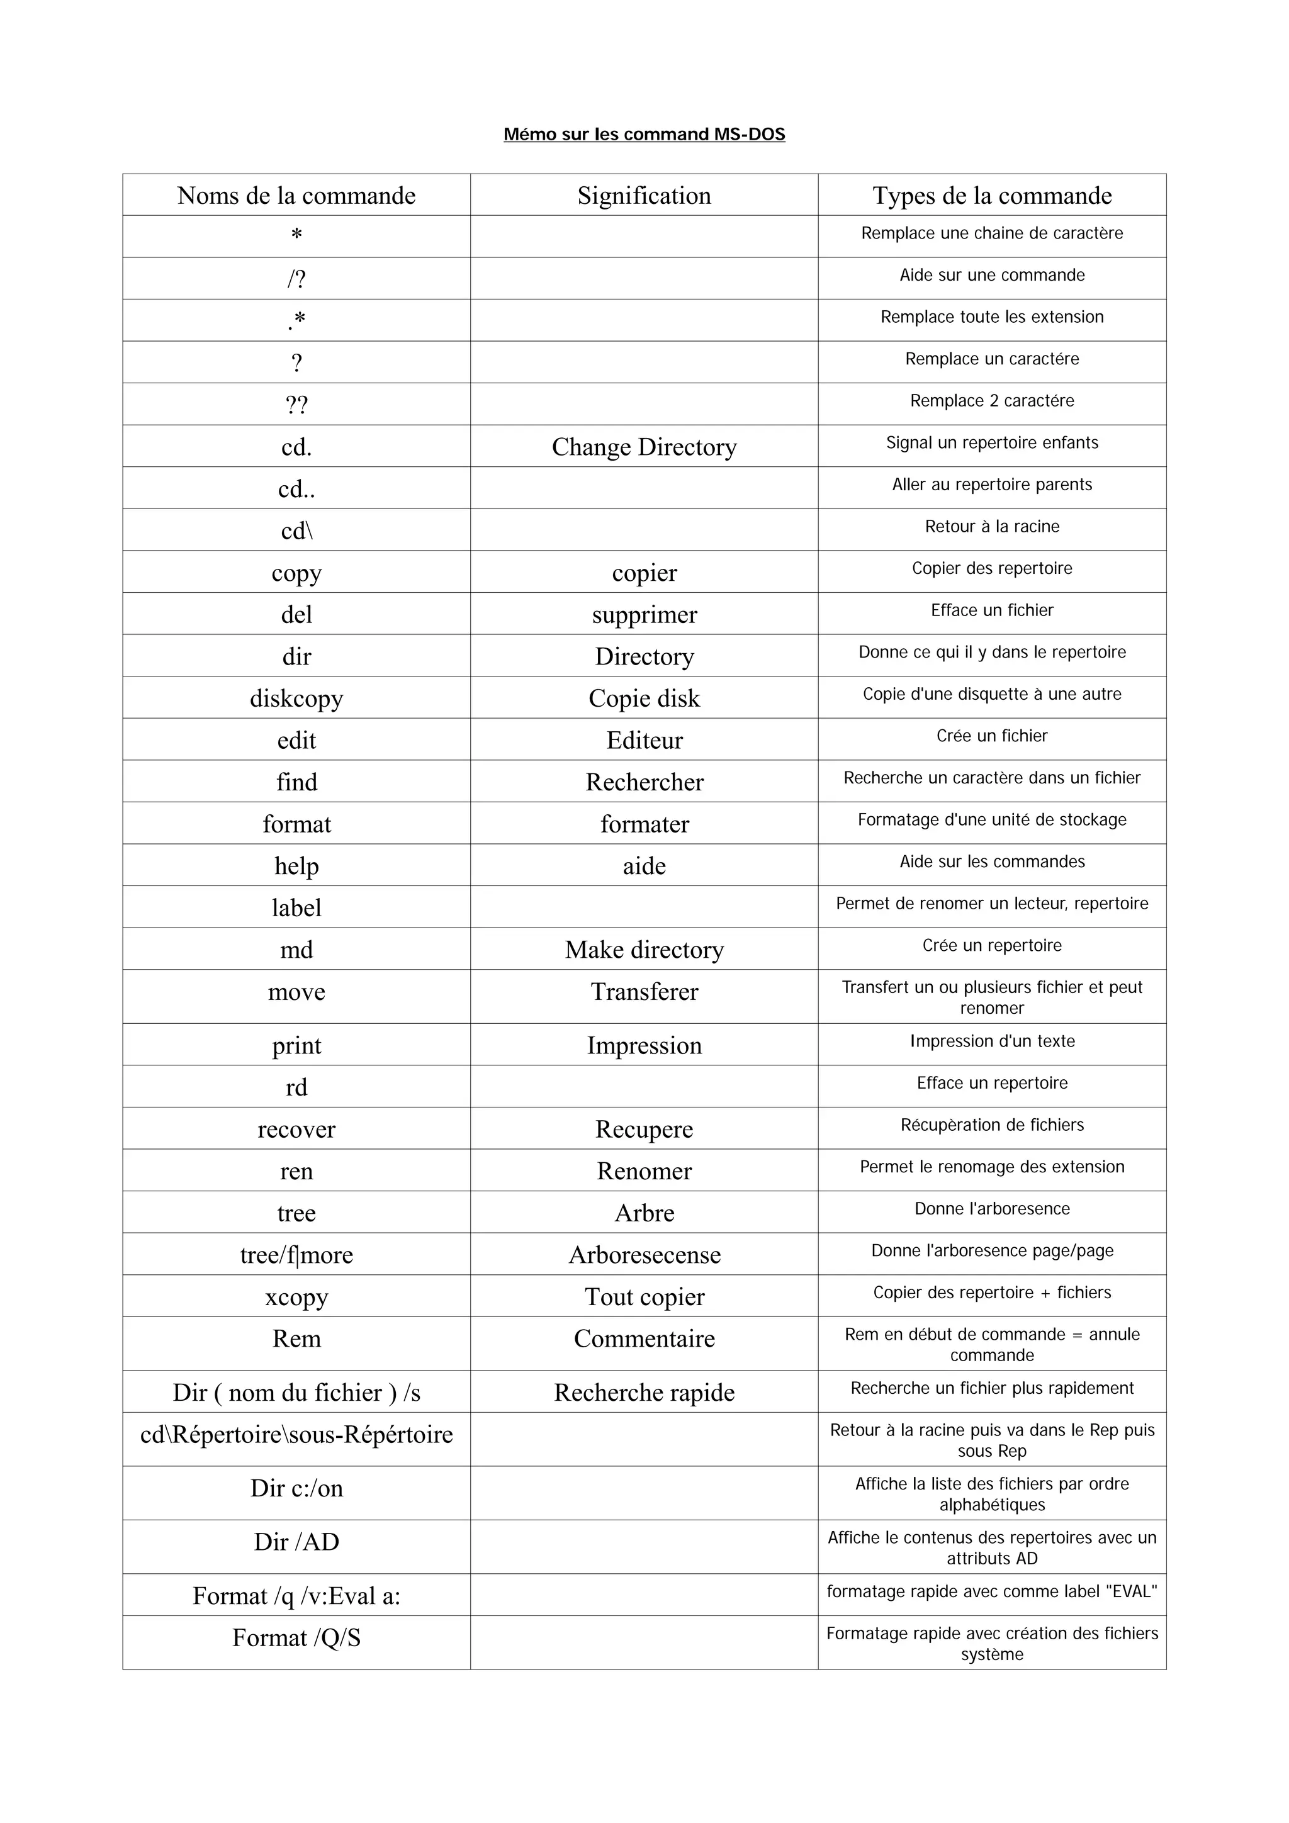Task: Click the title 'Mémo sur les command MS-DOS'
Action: [x=644, y=134]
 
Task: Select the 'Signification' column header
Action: [x=644, y=195]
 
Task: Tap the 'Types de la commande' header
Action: [x=992, y=195]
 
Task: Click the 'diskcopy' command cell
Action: [x=296, y=698]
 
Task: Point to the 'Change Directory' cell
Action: [x=644, y=447]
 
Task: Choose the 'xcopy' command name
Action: [x=296, y=1296]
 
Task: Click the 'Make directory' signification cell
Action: [x=644, y=950]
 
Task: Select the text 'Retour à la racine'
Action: [x=992, y=527]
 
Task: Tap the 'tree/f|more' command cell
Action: [x=296, y=1255]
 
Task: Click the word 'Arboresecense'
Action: [x=644, y=1255]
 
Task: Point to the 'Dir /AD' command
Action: [x=296, y=1541]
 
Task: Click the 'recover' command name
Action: [x=296, y=1129]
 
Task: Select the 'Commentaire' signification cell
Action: [x=644, y=1338]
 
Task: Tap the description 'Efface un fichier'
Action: [x=992, y=610]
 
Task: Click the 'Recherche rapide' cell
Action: [x=644, y=1392]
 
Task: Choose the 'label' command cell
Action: [x=296, y=907]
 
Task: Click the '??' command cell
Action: [x=296, y=405]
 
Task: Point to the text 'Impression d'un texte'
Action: [x=992, y=1041]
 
